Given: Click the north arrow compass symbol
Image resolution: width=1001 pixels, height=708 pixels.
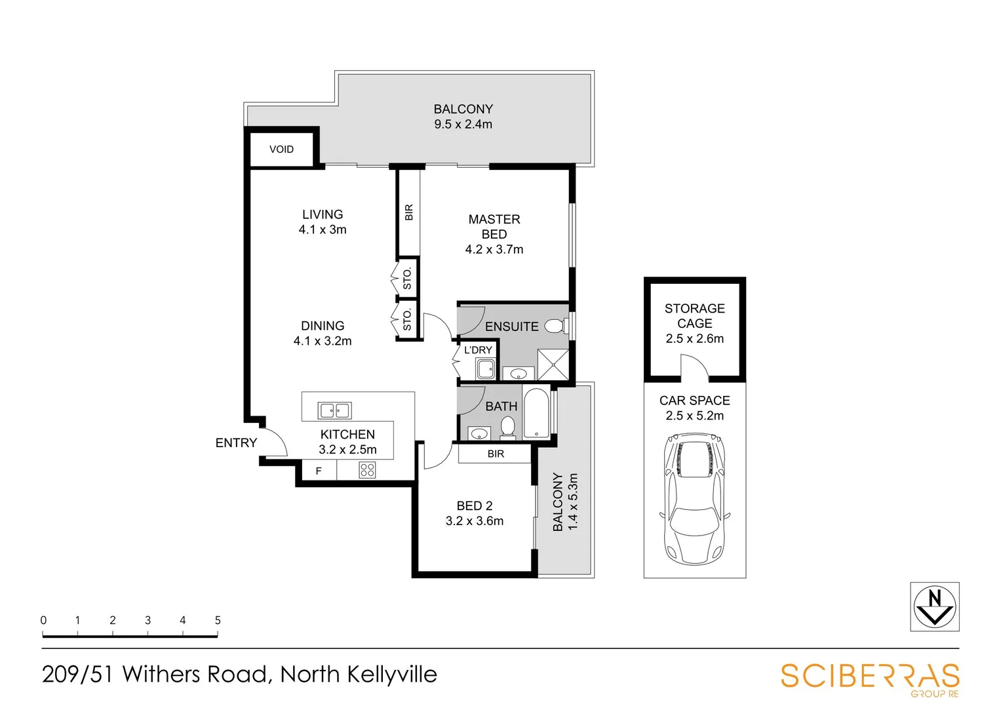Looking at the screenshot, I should [x=934, y=606].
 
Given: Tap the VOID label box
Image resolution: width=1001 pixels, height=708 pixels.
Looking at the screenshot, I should [x=281, y=149].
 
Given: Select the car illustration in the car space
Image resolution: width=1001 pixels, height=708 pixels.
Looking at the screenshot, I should [x=695, y=498].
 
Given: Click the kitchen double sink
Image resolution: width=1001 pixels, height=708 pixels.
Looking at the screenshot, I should [x=334, y=410].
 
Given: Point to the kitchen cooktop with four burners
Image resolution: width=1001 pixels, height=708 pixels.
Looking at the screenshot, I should [x=367, y=470].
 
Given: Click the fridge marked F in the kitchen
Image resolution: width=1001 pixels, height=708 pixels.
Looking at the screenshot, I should [x=319, y=471].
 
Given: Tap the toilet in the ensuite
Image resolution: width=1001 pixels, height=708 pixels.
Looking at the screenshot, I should [x=555, y=326].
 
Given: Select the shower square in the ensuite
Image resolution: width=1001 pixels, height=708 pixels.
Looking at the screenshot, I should [x=553, y=365].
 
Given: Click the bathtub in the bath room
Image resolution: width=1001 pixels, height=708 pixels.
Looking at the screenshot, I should [x=536, y=413].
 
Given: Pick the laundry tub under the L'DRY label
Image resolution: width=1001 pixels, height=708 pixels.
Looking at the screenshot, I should [x=485, y=369].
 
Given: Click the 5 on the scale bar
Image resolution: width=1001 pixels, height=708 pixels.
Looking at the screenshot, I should [x=218, y=620].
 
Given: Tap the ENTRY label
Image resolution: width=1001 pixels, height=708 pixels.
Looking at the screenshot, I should [x=236, y=443].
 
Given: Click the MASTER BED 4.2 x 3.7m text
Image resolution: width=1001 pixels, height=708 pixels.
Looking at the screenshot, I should [x=494, y=234].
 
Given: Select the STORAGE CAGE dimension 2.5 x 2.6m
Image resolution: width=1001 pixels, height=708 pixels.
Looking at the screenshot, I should [x=695, y=339].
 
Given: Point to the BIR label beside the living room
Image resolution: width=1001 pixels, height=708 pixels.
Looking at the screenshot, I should [x=409, y=212].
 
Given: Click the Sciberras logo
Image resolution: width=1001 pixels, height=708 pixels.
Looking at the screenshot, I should [x=869, y=678].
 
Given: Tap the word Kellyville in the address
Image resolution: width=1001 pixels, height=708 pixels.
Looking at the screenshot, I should [x=391, y=675].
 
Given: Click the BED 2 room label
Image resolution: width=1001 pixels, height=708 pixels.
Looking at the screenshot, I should [x=475, y=506].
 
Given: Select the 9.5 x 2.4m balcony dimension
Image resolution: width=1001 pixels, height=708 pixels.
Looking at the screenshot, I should [x=463, y=125].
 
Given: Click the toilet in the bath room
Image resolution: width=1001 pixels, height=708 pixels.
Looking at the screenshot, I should [x=507, y=427].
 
